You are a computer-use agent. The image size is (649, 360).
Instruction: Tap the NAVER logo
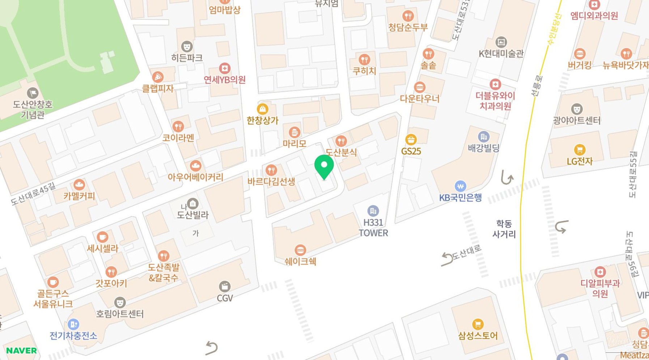pos(21,350)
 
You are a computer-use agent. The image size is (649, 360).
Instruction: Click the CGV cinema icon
pos(225,287)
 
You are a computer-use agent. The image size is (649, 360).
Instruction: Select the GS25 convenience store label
pos(411,151)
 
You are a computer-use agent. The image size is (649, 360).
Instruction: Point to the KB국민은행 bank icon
pos(460,186)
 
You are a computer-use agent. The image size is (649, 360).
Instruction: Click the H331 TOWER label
pos(373,228)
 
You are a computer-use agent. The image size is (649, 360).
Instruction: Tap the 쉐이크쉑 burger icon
pos(300,250)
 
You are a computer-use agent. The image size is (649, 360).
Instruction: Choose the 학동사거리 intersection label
pos(504,229)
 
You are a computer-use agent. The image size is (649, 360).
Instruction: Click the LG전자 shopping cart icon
pos(580,149)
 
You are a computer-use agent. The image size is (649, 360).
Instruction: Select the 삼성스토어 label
pos(478,336)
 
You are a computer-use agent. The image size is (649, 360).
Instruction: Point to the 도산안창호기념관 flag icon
pos(33,93)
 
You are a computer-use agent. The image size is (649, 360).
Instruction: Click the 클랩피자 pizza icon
pos(157,77)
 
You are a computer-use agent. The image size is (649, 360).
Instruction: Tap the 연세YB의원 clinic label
pos(225,80)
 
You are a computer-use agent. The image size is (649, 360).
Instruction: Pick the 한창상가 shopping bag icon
pos(262,109)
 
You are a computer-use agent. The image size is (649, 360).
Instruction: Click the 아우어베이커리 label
pos(195,177)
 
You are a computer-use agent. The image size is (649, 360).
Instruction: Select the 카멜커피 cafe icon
pos(79,185)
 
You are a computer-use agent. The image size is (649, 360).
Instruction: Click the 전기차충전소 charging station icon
pos(73,324)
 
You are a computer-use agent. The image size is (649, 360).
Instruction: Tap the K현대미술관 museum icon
pos(501,42)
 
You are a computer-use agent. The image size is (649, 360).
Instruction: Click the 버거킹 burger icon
pos(580,54)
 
